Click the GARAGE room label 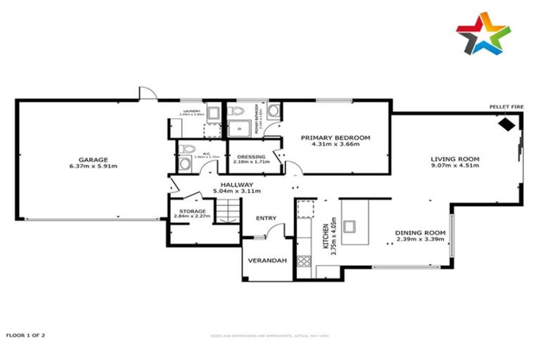pyautogui.click(x=93, y=160)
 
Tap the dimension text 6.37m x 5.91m pyautogui.click(x=93, y=167)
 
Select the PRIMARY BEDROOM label pyautogui.click(x=335, y=138)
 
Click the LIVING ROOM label pyautogui.click(x=455, y=160)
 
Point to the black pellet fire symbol pyautogui.click(x=506, y=124)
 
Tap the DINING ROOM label pyautogui.click(x=420, y=233)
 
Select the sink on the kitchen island pyautogui.click(x=351, y=226)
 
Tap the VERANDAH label pyautogui.click(x=268, y=261)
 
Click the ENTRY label pyautogui.click(x=267, y=218)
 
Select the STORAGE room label pyautogui.click(x=192, y=211)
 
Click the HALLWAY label pyautogui.click(x=237, y=184)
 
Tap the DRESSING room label pyautogui.click(x=251, y=157)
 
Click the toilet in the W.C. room pyautogui.click(x=185, y=163)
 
